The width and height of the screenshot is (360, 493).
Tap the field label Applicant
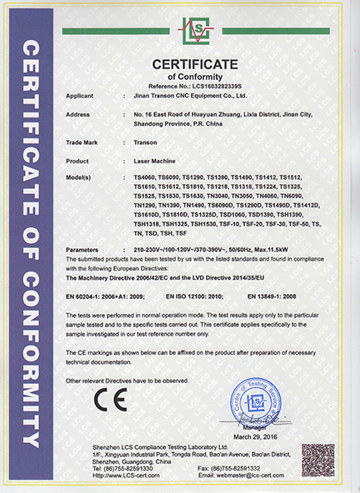pyautogui.click(x=78, y=97)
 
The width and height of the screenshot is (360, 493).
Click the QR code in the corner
pyautogui.click(x=317, y=460)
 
